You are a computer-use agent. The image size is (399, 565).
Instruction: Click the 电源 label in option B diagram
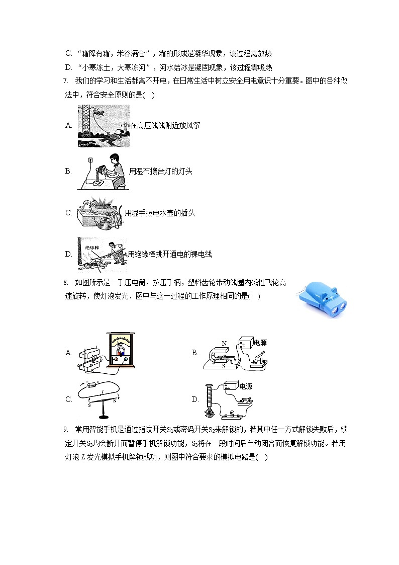260,343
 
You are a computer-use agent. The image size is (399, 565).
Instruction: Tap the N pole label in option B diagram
224,343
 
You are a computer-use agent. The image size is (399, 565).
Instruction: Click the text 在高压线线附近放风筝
165,125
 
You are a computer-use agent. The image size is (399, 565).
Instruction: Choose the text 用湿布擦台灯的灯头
160,172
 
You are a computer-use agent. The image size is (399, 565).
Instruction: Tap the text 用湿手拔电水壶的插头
160,213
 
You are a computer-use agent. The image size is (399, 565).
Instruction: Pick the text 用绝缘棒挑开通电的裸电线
170,254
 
